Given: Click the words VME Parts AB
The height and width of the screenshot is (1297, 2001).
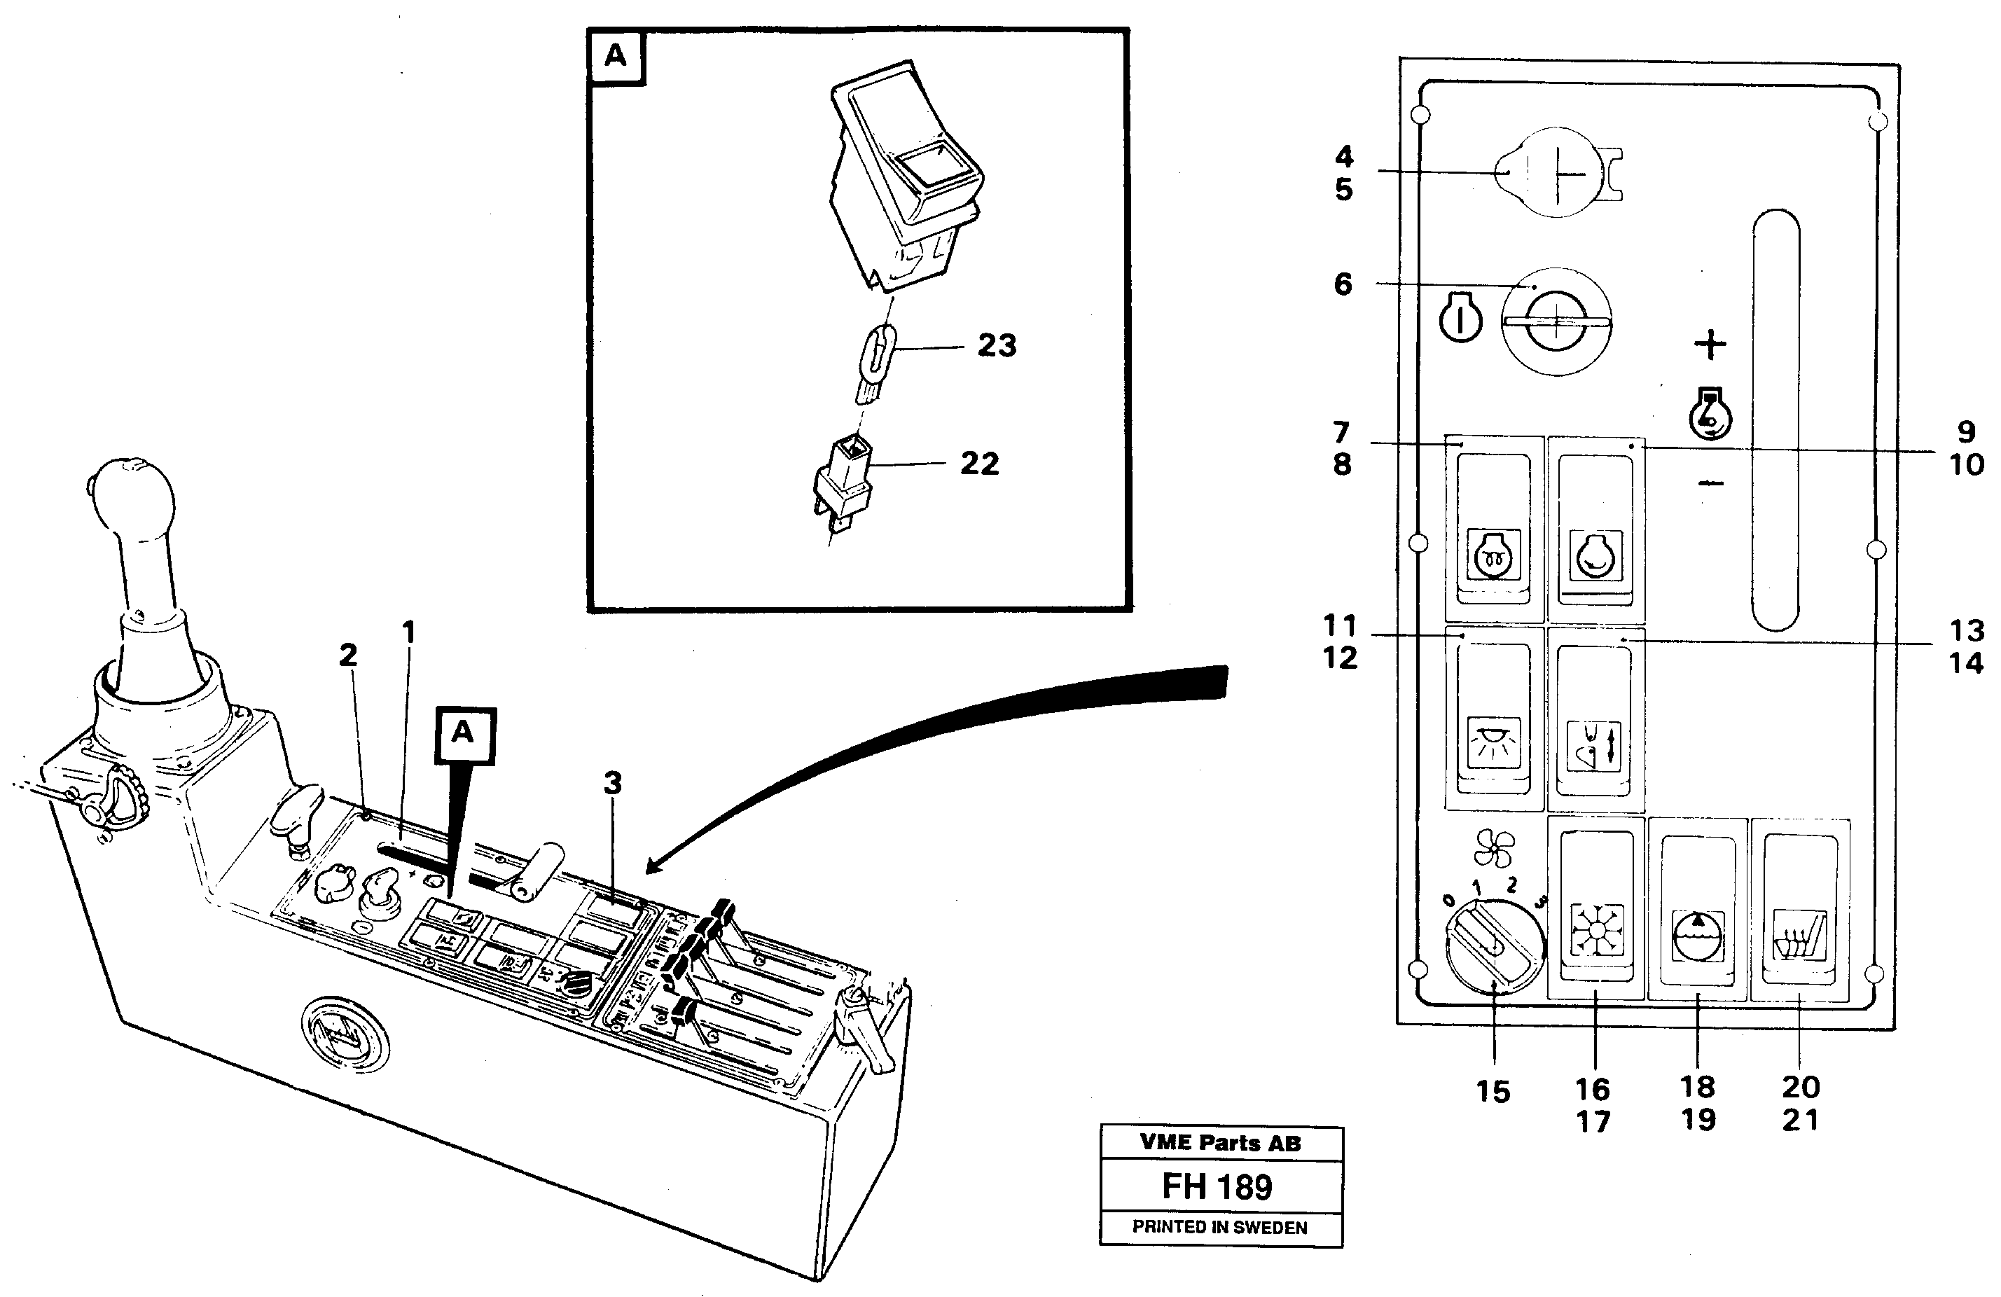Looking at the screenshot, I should pyautogui.click(x=1220, y=1143).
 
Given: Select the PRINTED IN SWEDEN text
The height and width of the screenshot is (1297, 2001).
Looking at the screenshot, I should pyautogui.click(x=1219, y=1227).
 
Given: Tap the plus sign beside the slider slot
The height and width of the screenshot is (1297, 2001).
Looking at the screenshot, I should pyautogui.click(x=1709, y=345).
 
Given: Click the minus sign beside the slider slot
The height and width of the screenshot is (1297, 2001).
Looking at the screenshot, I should pyautogui.click(x=1711, y=483).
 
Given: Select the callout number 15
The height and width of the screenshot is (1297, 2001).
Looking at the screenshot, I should pyautogui.click(x=1493, y=1092).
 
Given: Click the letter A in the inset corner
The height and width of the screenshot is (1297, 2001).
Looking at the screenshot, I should pyautogui.click(x=616, y=56).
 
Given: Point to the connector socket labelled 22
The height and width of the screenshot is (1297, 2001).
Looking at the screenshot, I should pyautogui.click(x=843, y=483).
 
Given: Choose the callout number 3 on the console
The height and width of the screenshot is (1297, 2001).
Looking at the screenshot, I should pyautogui.click(x=613, y=784).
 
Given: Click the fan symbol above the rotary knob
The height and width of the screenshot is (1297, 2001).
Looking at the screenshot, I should pyautogui.click(x=1493, y=848).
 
